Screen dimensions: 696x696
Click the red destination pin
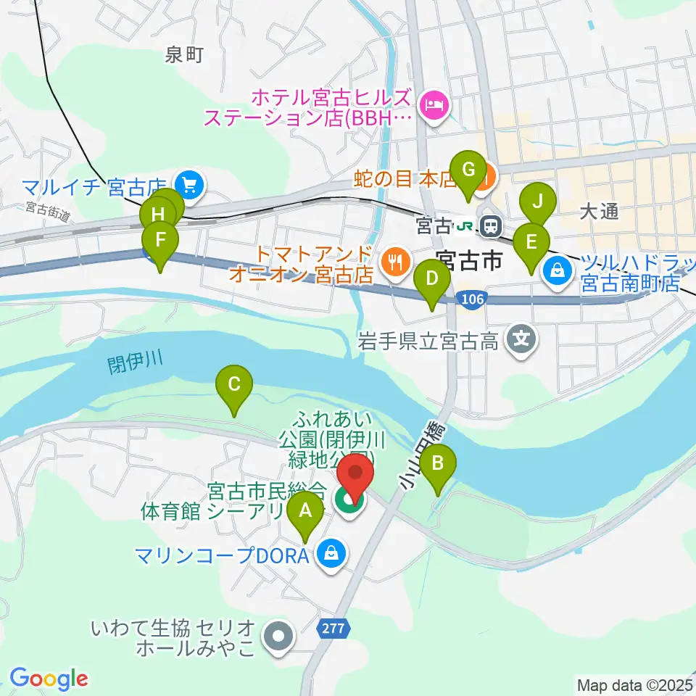(x=356, y=474)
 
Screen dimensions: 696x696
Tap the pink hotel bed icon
(x=435, y=106)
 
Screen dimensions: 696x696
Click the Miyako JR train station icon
(x=492, y=225)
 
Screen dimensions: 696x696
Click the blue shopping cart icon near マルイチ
(x=190, y=185)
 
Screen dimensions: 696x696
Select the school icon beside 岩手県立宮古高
(x=521, y=337)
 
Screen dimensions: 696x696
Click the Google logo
(x=49, y=678)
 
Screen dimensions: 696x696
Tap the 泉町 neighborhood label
(x=184, y=54)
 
